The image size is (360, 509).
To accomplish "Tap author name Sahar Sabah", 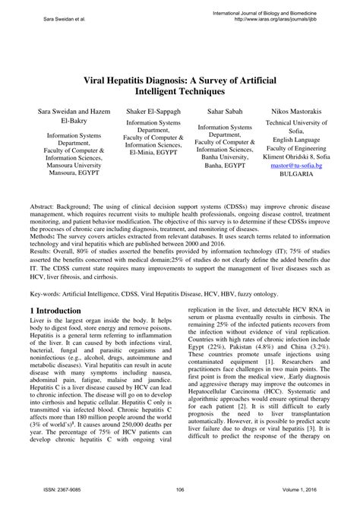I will click(x=219, y=111).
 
